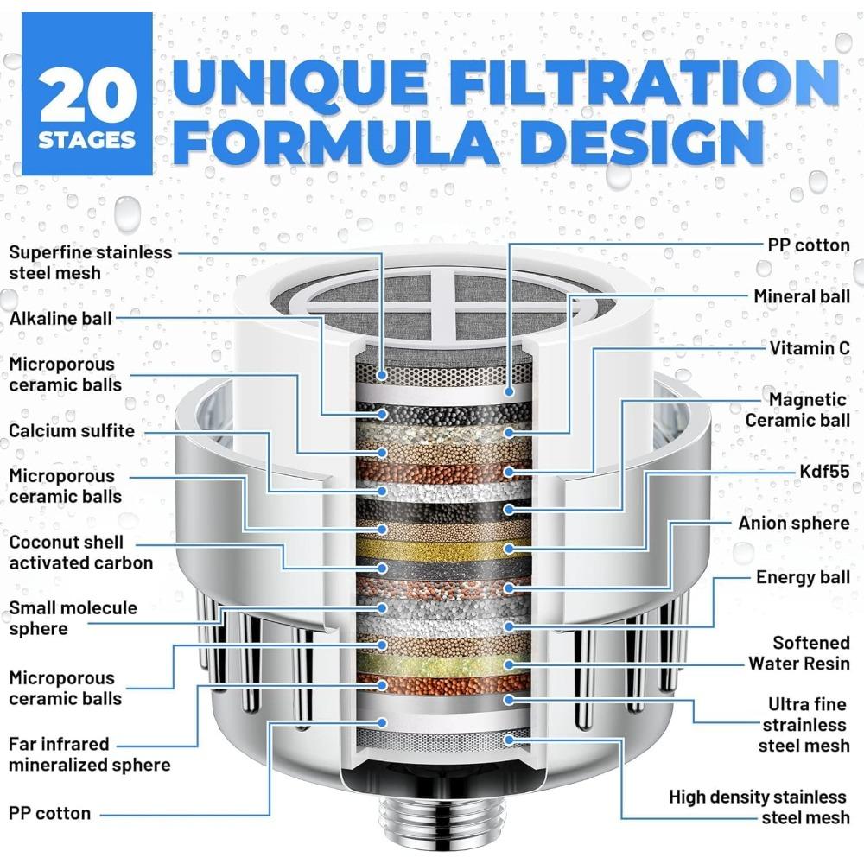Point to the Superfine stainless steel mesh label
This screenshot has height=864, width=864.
tap(91, 263)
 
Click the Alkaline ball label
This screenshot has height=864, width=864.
tap(60, 319)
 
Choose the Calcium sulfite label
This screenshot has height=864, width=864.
tap(72, 430)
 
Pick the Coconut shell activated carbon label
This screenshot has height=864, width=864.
tap(80, 553)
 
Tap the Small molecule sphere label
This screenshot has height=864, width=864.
tap(73, 619)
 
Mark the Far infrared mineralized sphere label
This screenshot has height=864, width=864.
tap(89, 754)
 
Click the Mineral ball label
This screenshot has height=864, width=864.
tap(801, 296)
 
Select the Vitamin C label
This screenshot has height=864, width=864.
tap(809, 347)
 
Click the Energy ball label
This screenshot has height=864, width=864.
tap(803, 578)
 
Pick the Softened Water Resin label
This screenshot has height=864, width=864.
tap(798, 653)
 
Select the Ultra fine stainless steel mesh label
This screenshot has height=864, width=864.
tap(803, 725)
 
